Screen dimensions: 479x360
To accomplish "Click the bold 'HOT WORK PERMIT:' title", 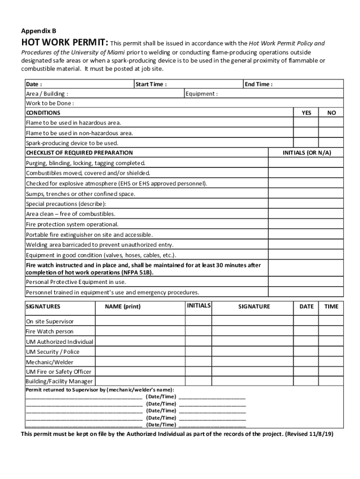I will pos(65,44).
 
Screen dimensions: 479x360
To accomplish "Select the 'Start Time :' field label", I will pos(151,84).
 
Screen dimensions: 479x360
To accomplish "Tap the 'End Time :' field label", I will pos(259,84).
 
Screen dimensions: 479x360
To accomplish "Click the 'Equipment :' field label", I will pos(202,94).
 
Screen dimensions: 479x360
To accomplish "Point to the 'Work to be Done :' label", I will pos(50,103).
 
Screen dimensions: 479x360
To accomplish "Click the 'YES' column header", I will pos(306,113).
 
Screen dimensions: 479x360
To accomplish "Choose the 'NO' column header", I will pos(331,113).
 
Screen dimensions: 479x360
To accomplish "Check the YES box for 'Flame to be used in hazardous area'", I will pos(306,123).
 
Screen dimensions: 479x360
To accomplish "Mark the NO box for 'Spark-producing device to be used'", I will pos(331,143).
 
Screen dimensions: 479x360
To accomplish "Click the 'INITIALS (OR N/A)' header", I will pos(307,152).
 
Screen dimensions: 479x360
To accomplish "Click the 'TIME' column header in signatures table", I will pos(331,306).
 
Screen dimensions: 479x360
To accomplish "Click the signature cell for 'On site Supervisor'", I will pos(254,321).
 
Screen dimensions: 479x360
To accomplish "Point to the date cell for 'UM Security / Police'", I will pos(307,352).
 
